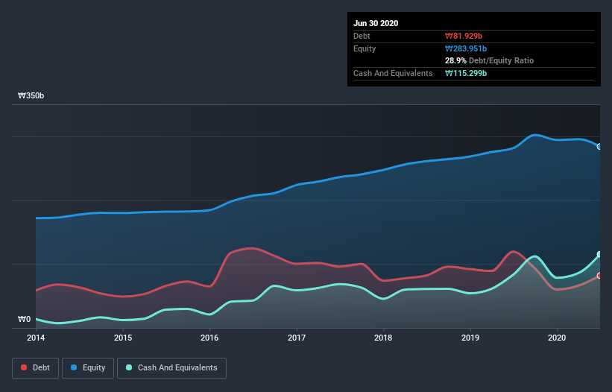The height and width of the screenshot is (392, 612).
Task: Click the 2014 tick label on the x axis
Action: click(x=36, y=338)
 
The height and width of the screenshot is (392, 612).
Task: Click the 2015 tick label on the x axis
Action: click(x=123, y=338)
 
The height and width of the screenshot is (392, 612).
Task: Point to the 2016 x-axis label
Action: click(x=209, y=338)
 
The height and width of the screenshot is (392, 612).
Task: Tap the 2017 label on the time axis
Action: click(x=297, y=338)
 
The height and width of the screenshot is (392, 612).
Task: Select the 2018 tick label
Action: click(x=384, y=338)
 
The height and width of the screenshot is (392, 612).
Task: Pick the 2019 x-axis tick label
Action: click(x=470, y=338)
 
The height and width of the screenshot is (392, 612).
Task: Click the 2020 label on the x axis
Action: click(x=558, y=338)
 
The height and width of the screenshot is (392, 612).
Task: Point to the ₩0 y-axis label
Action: click(x=25, y=320)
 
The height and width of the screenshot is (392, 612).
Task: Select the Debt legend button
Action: click(x=34, y=367)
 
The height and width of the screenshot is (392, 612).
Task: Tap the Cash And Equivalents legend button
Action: click(x=171, y=367)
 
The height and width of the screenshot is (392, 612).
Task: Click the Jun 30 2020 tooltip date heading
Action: click(x=376, y=23)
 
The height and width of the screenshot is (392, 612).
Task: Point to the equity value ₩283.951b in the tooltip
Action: click(x=467, y=48)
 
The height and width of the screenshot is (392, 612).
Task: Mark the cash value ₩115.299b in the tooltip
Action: click(x=466, y=73)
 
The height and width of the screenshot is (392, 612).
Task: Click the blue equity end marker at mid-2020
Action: click(x=599, y=146)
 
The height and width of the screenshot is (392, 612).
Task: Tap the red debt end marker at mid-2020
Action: click(x=599, y=276)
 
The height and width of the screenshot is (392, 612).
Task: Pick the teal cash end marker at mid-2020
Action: click(x=599, y=255)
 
